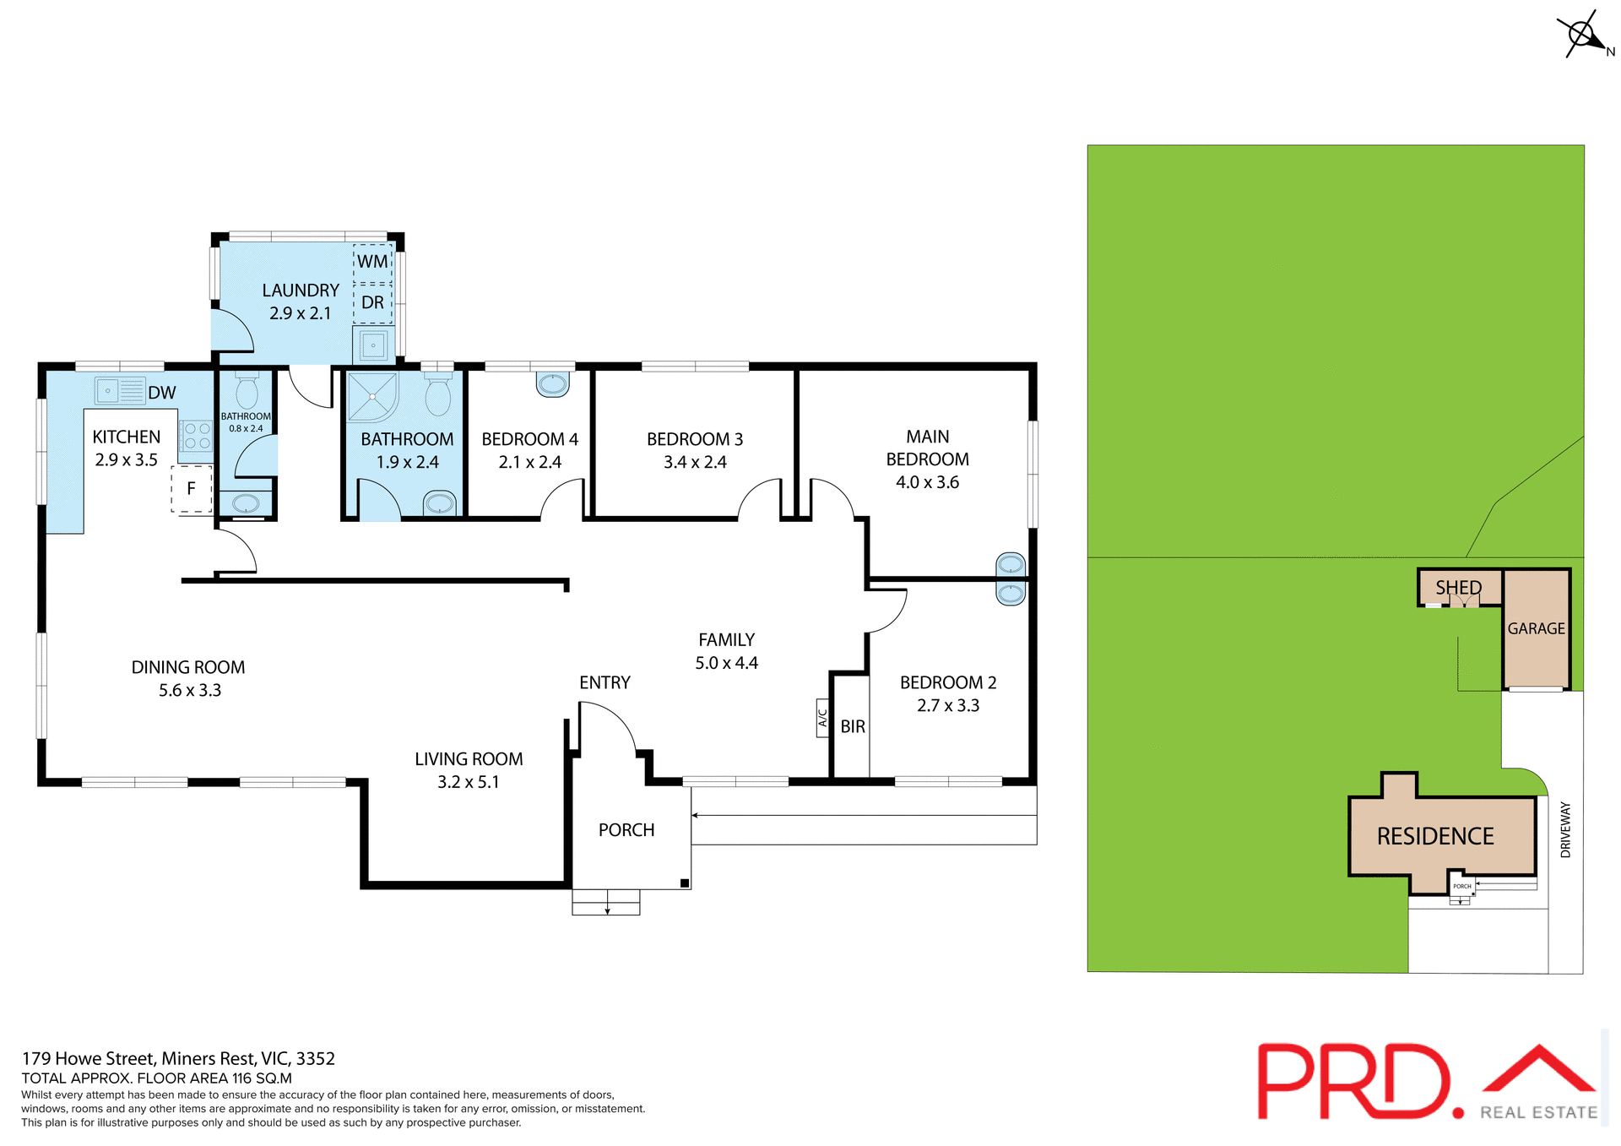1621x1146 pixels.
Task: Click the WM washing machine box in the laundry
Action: coord(372,262)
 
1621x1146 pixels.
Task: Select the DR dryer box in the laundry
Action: coord(372,303)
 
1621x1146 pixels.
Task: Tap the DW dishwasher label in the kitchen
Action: coord(161,393)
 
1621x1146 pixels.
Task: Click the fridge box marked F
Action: coord(192,488)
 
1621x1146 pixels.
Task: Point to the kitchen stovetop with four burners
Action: coord(197,436)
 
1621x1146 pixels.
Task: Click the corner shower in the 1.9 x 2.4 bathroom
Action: coord(372,397)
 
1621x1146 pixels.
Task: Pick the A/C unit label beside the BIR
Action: coord(822,718)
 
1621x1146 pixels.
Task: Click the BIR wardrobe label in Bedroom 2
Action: coord(853,726)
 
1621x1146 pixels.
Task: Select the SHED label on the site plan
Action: coord(1458,587)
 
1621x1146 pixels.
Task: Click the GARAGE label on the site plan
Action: coord(1536,628)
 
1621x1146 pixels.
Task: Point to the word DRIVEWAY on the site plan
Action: coord(1565,829)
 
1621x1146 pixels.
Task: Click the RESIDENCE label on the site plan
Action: coord(1434,836)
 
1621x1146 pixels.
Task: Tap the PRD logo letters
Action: coord(1354,1082)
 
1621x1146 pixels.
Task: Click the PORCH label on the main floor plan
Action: coord(626,830)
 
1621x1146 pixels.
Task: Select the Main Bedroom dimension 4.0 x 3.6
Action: coord(927,482)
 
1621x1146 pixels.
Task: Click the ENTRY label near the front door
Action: coord(604,682)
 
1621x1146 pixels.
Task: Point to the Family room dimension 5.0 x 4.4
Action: coord(726,663)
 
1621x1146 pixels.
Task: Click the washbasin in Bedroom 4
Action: coord(553,384)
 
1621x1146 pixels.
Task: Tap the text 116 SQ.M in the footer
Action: coord(262,1078)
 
